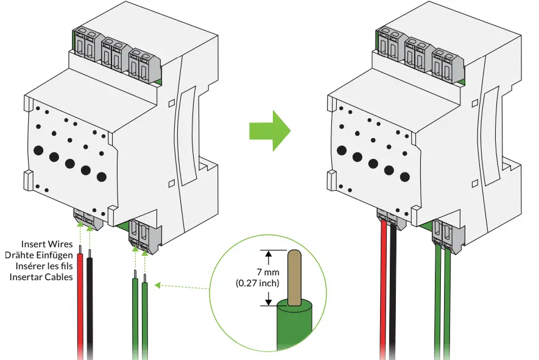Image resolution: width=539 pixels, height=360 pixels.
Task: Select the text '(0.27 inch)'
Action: pyautogui.click(x=257, y=283)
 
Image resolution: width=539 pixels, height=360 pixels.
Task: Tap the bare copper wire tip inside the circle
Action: pyautogui.click(x=294, y=277)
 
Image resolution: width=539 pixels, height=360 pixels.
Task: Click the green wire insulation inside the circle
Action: pyautogui.click(x=295, y=326)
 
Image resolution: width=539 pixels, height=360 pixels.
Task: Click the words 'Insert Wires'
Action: pyautogui.click(x=47, y=244)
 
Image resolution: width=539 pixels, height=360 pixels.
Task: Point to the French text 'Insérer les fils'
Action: pyautogui.click(x=41, y=266)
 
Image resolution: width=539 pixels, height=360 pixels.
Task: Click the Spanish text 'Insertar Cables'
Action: pyautogui.click(x=41, y=277)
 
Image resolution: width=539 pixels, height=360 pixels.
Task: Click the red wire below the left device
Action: pyautogui.click(x=80, y=305)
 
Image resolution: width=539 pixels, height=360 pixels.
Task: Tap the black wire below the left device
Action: pyautogui.click(x=91, y=305)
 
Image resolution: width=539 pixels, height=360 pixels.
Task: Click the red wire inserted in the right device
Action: pyautogui.click(x=384, y=292)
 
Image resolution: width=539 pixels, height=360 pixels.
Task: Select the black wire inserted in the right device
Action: pyautogui.click(x=394, y=292)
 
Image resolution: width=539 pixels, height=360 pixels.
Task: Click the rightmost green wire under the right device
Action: pyautogui.click(x=448, y=305)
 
